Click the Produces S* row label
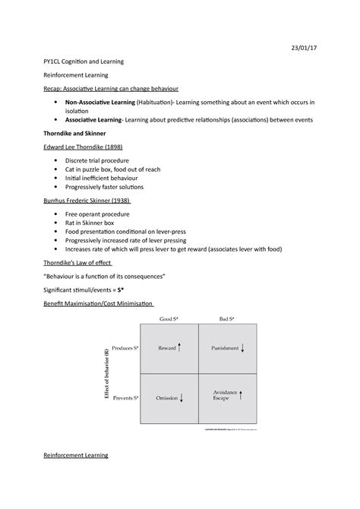point(125,348)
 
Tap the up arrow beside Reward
point(180,348)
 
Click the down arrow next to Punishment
point(242,348)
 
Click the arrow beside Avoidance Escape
point(240,395)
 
